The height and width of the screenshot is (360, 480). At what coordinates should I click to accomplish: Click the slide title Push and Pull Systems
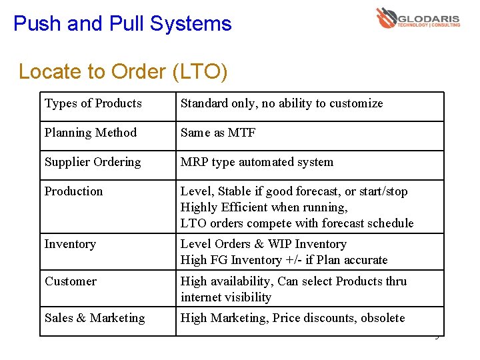pyautogui.click(x=122, y=24)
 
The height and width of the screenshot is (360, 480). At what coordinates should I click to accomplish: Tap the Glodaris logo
pyautogui.click(x=418, y=18)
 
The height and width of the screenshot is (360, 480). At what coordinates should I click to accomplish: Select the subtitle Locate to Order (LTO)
pyautogui.click(x=123, y=71)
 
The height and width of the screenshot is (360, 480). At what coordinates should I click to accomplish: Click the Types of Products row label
pyautogui.click(x=93, y=103)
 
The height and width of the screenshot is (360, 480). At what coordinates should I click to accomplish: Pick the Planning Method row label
pyautogui.click(x=91, y=133)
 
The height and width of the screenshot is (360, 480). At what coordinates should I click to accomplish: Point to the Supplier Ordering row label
pyautogui.click(x=93, y=162)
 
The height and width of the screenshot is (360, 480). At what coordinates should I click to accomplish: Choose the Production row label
pyautogui.click(x=74, y=191)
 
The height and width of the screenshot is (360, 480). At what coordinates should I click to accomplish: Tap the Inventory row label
pyautogui.click(x=70, y=244)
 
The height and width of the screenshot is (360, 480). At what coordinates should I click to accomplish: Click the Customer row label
pyautogui.click(x=71, y=281)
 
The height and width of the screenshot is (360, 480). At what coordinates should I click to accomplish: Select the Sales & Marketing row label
pyautogui.click(x=95, y=318)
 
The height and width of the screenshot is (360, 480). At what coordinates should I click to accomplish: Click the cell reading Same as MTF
pyautogui.click(x=218, y=133)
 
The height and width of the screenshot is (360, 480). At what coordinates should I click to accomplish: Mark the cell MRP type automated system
pyautogui.click(x=257, y=162)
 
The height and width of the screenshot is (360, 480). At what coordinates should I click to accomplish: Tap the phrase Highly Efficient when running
pyautogui.click(x=264, y=207)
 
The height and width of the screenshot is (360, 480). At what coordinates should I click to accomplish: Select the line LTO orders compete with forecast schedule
pyautogui.click(x=297, y=223)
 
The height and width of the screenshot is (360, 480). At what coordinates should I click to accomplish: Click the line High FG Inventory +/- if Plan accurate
pyautogui.click(x=284, y=260)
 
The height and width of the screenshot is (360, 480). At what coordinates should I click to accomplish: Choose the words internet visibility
pyautogui.click(x=226, y=297)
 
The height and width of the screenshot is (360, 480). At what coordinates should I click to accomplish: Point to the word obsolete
pyautogui.click(x=383, y=318)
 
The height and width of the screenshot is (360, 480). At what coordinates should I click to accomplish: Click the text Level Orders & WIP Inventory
pyautogui.click(x=263, y=244)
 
